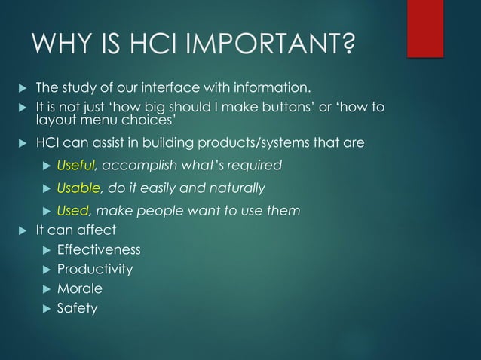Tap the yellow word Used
coord(73,211)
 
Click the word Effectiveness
coord(99,249)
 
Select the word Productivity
coord(95,269)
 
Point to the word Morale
coord(80,288)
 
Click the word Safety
coord(77,308)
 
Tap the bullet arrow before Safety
coord(47,308)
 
